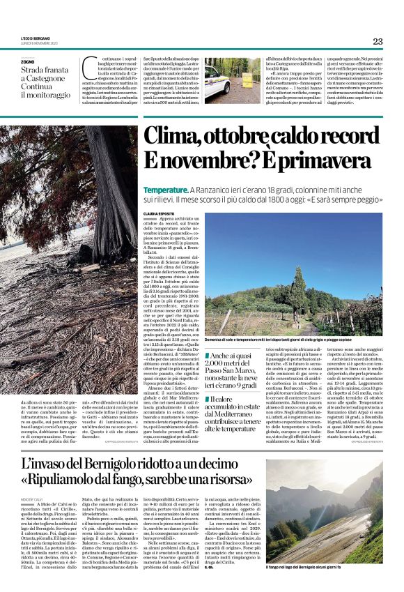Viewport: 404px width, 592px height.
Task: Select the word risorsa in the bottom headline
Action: point(234,480)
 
